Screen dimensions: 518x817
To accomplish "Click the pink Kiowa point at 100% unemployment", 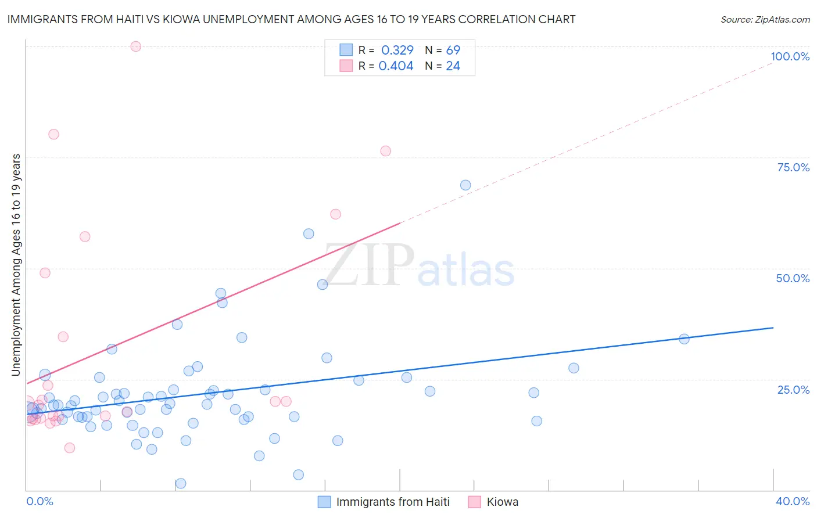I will pos(135,46).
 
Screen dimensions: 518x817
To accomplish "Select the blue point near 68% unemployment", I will pos(465,185).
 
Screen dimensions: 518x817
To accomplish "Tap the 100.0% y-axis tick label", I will pos(790,56).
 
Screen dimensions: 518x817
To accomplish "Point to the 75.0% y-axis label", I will pos(793,167).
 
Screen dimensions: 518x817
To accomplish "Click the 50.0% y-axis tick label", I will pos(793,278).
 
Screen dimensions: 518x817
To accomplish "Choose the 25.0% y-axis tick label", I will pos(793,389).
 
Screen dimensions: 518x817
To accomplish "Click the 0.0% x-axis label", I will pos(40,501).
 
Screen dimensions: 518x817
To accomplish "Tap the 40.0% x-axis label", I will pos(792,501).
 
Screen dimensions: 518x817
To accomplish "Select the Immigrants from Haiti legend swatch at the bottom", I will pos(324,502).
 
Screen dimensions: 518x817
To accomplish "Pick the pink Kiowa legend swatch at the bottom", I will pos(475,502).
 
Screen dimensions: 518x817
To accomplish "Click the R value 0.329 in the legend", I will pos(397,50).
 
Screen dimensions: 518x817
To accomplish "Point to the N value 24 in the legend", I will pos(453,66).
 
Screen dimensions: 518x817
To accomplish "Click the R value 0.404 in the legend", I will pos(396,66).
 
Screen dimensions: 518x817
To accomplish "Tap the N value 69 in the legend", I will pos(453,50).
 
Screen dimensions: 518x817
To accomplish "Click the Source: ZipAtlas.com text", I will pos(765,20).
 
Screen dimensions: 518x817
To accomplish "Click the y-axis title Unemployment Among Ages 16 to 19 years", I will pos(16,265).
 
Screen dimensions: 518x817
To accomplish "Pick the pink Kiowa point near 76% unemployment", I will pos(385,151).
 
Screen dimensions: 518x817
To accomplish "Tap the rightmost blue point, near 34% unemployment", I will pos(684,339).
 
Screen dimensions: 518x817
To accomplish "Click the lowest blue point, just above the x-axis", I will pos(181,483).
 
